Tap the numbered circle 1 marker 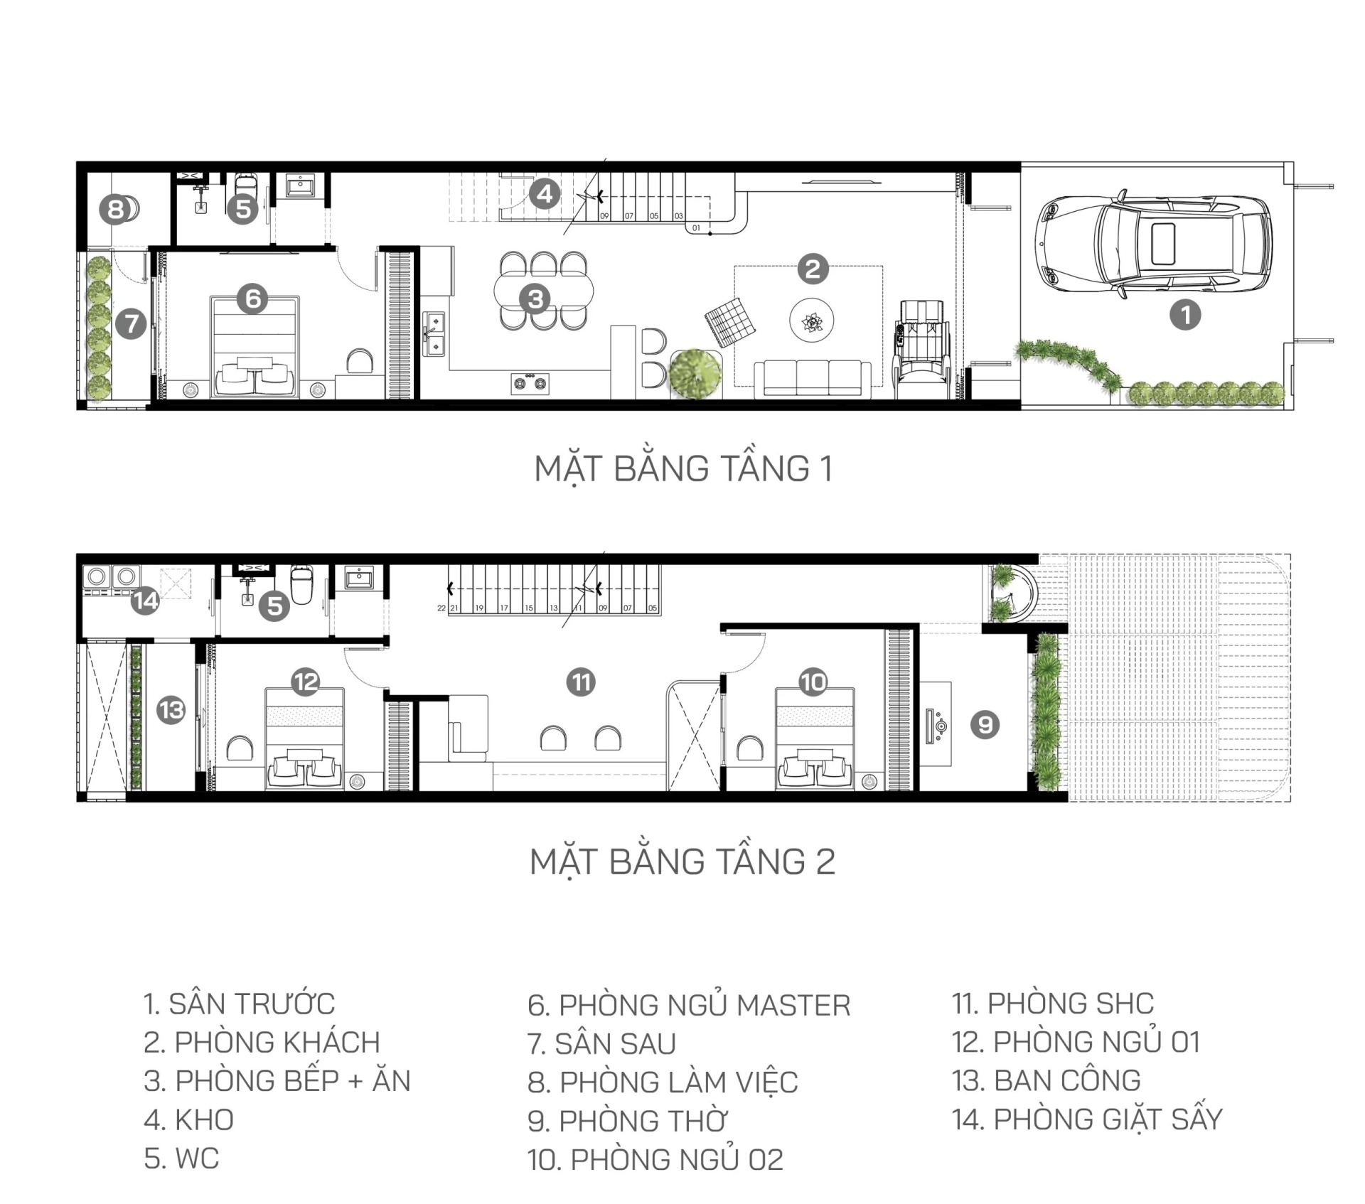tap(1185, 314)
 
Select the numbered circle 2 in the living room tap(813, 269)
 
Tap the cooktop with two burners tap(530, 383)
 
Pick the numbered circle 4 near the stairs tap(545, 193)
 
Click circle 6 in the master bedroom tap(253, 299)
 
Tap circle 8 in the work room tap(115, 210)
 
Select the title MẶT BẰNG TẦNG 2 tap(682, 861)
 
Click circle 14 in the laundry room tap(145, 601)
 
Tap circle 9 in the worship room tap(985, 724)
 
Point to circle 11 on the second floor tap(582, 682)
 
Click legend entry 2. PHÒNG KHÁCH tap(262, 1043)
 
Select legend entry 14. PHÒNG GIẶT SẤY tap(1087, 1120)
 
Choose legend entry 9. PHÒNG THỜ tap(627, 1122)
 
